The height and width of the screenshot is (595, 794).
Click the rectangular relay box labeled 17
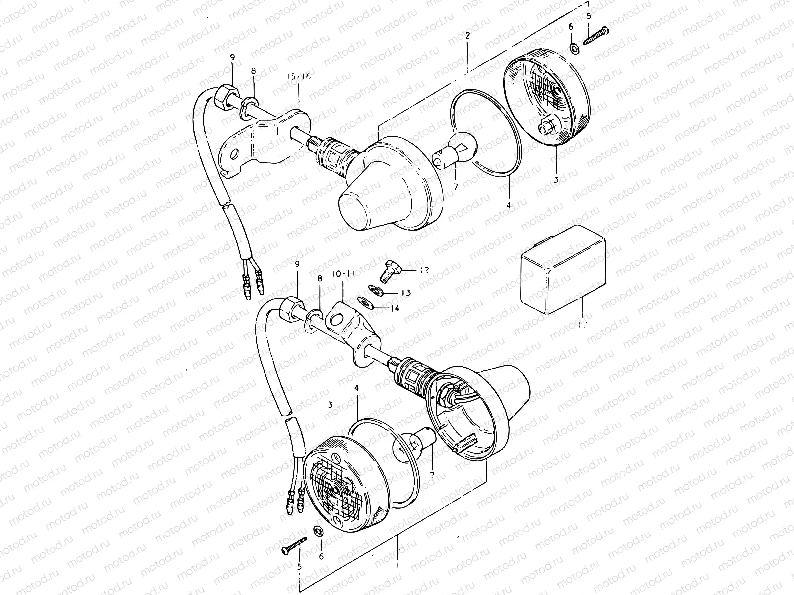tap(562, 270)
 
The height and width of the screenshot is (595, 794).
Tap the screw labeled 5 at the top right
tap(595, 36)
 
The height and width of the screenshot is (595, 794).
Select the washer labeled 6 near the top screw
tap(574, 49)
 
